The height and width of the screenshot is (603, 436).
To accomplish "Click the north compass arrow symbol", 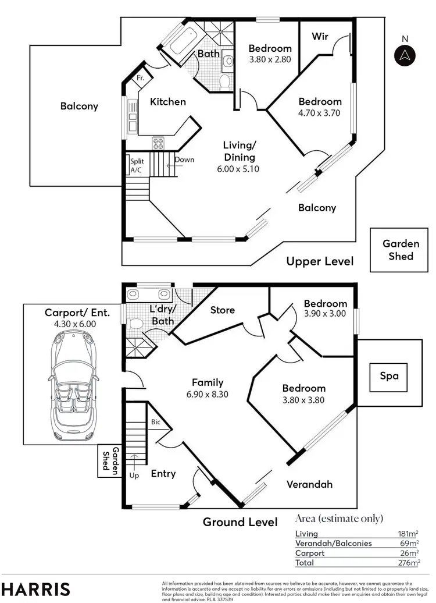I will (405, 55).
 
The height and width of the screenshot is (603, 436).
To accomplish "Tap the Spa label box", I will (389, 376).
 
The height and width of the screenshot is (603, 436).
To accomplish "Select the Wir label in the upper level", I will (320, 37).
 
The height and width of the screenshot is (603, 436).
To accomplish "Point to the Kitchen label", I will (168, 102).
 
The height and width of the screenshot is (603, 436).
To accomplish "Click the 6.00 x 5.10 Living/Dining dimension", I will (240, 169).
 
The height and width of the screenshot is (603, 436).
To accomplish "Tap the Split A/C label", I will (137, 166).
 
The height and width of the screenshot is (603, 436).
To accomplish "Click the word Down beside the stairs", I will (184, 159).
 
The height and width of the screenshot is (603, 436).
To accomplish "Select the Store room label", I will (223, 310).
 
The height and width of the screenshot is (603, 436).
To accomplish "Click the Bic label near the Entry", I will (156, 423).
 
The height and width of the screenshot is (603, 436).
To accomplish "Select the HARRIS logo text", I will (36, 588).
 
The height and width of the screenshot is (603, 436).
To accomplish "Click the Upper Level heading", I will (320, 261).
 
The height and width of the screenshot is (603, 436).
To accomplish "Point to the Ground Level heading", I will (240, 522).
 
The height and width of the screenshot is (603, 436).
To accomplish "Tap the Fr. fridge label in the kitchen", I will (140, 78).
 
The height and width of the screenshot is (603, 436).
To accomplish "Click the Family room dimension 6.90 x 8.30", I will (208, 394).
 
